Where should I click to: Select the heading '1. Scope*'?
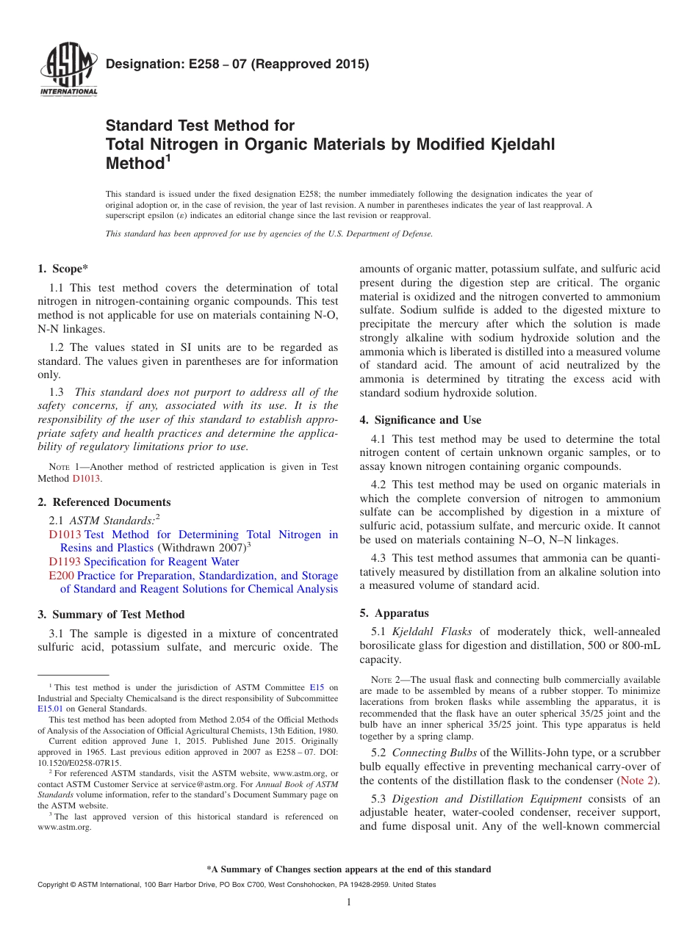pos(63,269)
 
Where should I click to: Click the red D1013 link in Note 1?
pos(87,479)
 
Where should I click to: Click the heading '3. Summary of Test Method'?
pos(111,614)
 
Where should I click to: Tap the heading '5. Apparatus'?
pos(394,613)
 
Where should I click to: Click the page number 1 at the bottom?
pos(349,902)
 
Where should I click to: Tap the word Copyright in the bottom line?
pos(55,885)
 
